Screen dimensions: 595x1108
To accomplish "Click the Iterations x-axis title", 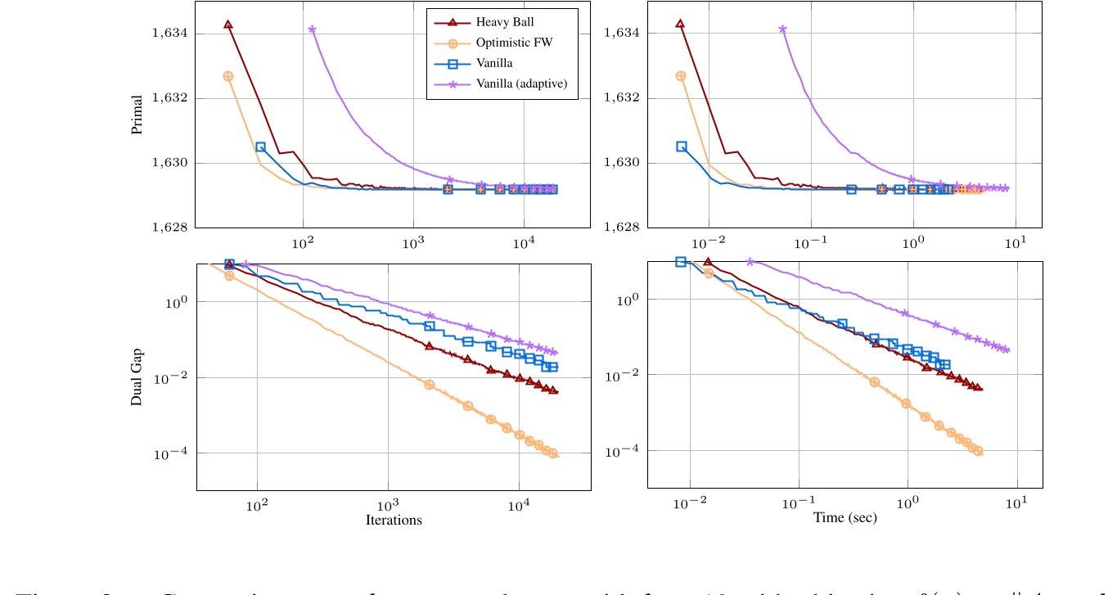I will [394, 521].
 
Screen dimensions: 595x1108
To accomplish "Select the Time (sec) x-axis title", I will [845, 518].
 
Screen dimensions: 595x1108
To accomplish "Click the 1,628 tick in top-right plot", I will [619, 228].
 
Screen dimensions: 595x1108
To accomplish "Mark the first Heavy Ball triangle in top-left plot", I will [228, 25].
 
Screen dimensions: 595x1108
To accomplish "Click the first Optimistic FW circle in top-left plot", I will [228, 76].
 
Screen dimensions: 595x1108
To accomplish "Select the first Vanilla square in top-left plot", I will [260, 146].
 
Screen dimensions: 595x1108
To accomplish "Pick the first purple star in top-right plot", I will [782, 29].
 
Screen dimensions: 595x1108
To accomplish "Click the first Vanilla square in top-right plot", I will [682, 146].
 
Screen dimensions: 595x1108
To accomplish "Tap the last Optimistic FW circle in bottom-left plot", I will [553, 453].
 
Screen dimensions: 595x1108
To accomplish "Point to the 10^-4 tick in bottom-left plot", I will [175, 454].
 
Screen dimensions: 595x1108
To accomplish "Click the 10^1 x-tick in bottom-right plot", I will [1018, 503].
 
